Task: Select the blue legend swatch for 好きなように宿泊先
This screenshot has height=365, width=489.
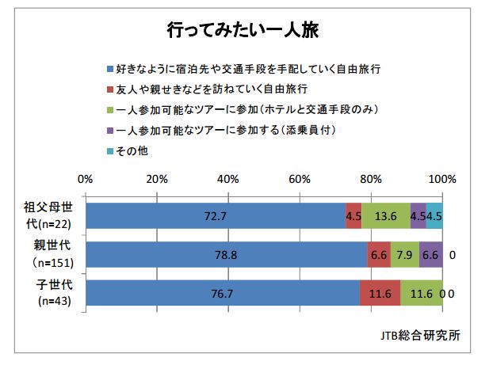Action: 109,70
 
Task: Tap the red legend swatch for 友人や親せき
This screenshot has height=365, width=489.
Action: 109,89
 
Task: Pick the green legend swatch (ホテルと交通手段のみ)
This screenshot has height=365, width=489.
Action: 109,109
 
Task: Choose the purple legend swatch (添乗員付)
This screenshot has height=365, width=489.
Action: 109,129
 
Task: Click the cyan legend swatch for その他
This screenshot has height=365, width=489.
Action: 109,149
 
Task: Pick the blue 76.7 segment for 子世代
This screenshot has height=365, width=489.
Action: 223,293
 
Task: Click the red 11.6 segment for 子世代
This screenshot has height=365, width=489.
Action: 380,293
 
